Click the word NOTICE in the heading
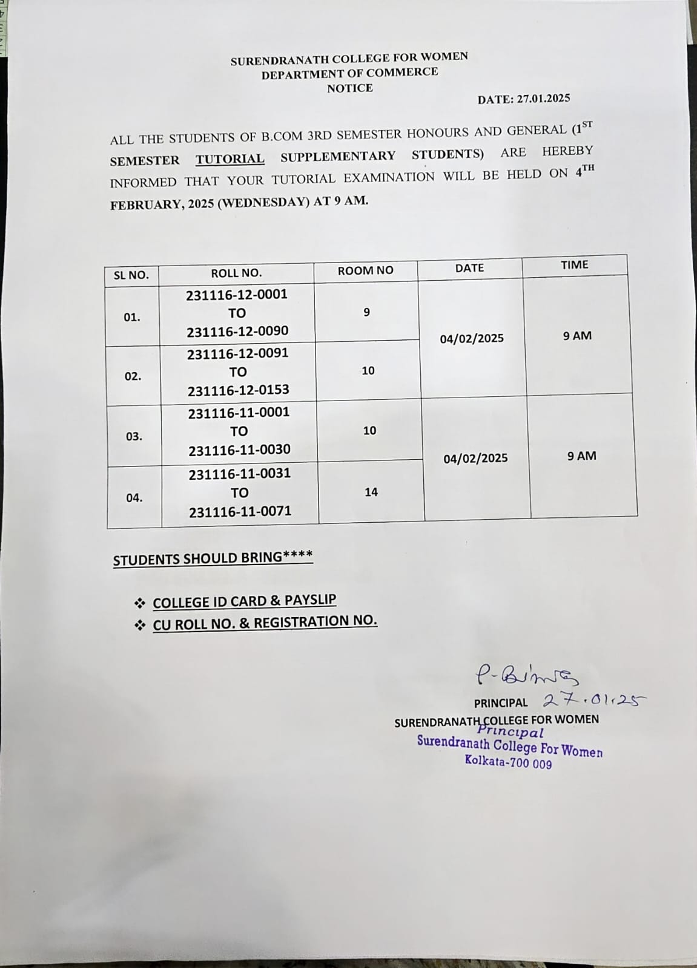350,88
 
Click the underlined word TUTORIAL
230,159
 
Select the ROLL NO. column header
236,273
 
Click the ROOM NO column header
365,270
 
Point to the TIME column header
574,264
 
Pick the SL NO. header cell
131,275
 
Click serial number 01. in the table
132,317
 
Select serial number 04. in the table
134,498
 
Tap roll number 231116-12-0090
237,332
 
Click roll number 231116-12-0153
239,390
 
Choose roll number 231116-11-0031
240,474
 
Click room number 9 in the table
366,312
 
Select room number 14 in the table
371,492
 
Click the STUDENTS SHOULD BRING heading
213,558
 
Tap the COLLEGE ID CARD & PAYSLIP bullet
244,601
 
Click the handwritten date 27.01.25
594,700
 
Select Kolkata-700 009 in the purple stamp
508,762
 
